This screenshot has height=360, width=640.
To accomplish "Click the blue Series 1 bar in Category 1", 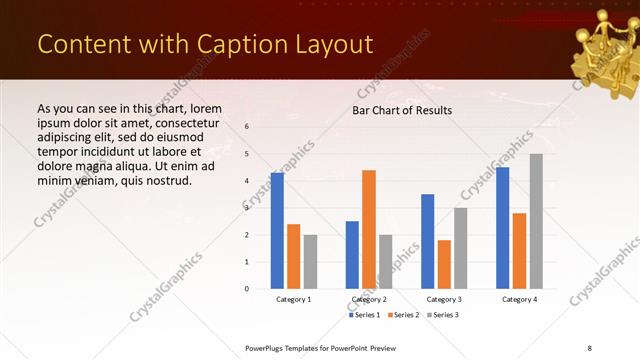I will (277, 231).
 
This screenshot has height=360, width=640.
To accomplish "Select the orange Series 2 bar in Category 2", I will (369, 229).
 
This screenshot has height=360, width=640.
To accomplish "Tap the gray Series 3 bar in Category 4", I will (536, 221).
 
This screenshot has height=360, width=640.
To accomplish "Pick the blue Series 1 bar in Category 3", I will (428, 241).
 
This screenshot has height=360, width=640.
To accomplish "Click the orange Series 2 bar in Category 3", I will (444, 264).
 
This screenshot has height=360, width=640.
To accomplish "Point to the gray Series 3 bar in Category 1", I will (310, 262).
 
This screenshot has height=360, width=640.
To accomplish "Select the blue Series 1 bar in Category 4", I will (503, 228).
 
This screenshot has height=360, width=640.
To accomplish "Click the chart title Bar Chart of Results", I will (402, 110).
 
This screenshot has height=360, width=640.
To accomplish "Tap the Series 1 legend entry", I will (364, 315).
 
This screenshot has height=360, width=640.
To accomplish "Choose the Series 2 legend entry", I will (402, 315).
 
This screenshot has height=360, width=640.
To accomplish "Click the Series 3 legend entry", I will (441, 315).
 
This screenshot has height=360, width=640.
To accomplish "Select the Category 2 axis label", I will (369, 299).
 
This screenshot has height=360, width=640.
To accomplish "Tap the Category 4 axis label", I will (519, 299).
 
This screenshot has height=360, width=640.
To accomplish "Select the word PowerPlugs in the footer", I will (267, 346).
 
